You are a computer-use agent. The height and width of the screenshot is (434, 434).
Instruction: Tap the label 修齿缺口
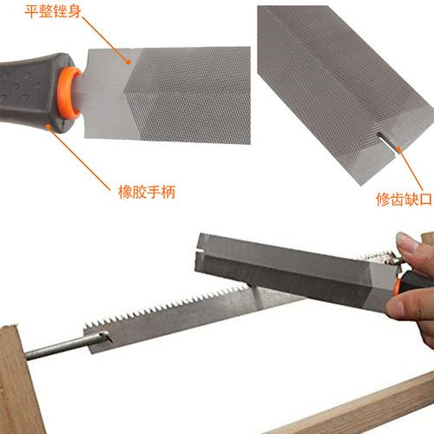pyautogui.click(x=404, y=200)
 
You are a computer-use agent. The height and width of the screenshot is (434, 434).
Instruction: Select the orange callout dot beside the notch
pyautogui.click(x=397, y=149)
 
